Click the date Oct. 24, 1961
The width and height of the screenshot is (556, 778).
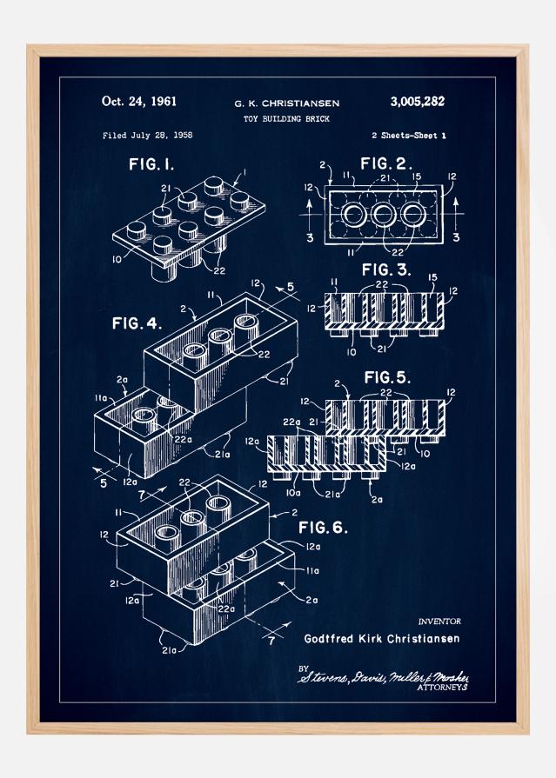click(139, 102)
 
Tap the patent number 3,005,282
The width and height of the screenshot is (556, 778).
click(412, 102)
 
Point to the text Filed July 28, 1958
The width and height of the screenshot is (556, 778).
click(147, 135)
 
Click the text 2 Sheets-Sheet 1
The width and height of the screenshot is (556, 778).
click(407, 135)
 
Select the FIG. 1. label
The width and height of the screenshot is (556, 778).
click(153, 164)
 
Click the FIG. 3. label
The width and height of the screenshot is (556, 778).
click(385, 269)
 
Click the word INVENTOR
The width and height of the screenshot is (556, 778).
click(439, 622)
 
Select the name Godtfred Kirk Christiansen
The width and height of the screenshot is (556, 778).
click(382, 638)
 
